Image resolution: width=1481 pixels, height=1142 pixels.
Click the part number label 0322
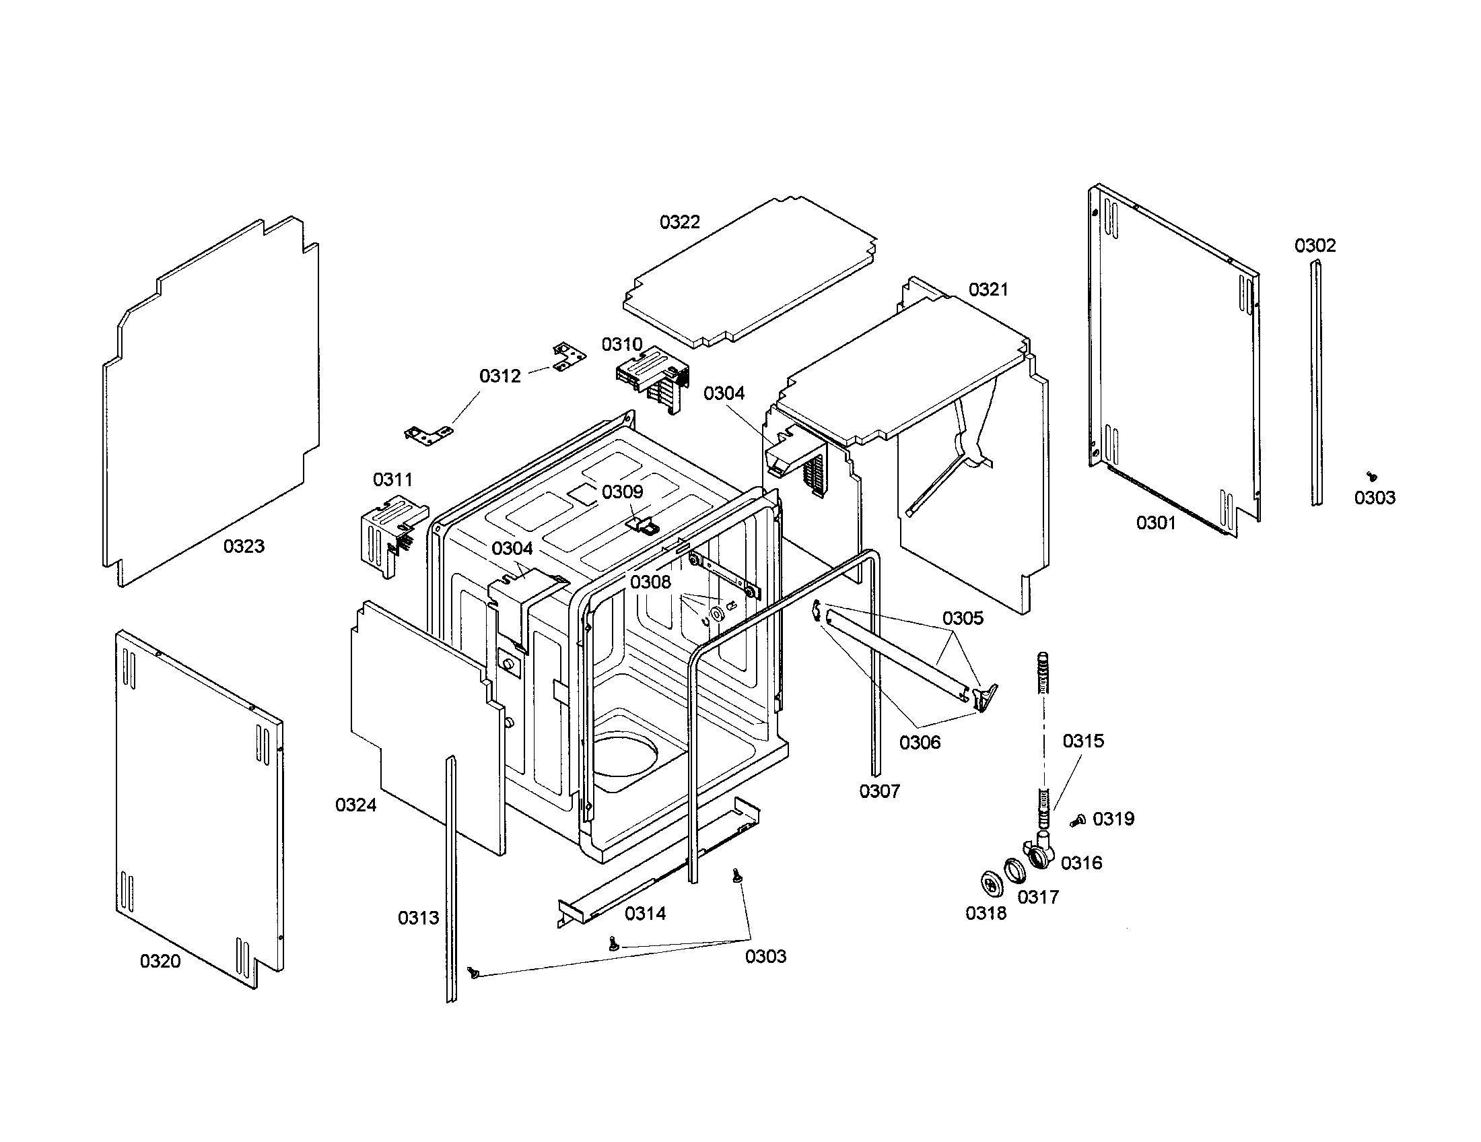pyautogui.click(x=679, y=222)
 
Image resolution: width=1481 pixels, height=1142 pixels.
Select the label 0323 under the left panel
pyautogui.click(x=244, y=546)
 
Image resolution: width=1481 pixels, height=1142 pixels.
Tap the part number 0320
pyautogui.click(x=160, y=961)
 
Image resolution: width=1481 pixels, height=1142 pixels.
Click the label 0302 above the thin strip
pyautogui.click(x=1315, y=246)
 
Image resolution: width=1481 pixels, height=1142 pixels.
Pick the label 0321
pyautogui.click(x=988, y=290)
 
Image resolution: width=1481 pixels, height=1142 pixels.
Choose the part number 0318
pyautogui.click(x=986, y=914)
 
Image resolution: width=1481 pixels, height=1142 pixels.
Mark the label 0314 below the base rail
pyautogui.click(x=646, y=914)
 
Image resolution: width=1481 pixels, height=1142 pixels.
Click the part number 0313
pyautogui.click(x=419, y=918)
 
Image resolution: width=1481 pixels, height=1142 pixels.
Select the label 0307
pyautogui.click(x=880, y=791)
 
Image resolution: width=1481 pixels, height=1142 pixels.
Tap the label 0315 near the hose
pyautogui.click(x=1083, y=741)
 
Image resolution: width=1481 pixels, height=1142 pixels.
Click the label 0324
pyautogui.click(x=356, y=805)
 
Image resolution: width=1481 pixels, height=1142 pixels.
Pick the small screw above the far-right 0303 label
pyautogui.click(x=1373, y=477)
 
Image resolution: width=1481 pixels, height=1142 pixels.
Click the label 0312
pyautogui.click(x=500, y=376)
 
